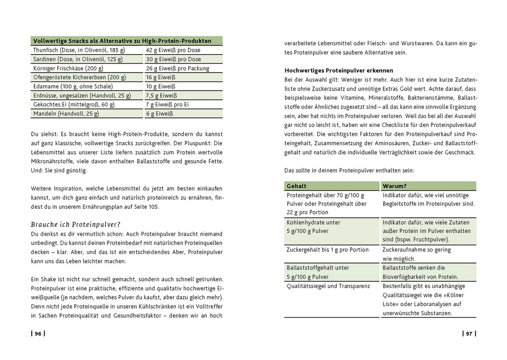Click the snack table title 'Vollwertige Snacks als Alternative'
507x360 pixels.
click(x=122, y=41)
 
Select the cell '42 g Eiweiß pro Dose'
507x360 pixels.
click(x=173, y=50)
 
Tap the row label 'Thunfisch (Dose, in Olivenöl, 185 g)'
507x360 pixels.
click(x=79, y=50)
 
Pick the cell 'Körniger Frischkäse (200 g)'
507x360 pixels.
click(x=68, y=68)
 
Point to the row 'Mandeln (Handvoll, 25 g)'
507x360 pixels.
click(x=66, y=113)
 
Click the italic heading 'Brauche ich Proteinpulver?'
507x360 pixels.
click(x=76, y=224)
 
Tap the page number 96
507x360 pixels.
click(x=38, y=334)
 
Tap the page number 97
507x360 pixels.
click(x=469, y=334)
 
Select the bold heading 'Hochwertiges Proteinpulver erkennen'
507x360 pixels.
click(x=338, y=71)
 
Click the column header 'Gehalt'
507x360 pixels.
click(x=297, y=186)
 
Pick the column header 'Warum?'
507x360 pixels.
click(x=395, y=186)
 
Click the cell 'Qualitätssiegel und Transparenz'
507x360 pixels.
click(x=328, y=286)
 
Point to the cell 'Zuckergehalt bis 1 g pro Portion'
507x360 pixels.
click(x=328, y=250)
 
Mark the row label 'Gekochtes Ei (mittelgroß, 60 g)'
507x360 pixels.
click(x=74, y=104)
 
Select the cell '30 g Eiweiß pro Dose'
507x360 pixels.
click(x=173, y=59)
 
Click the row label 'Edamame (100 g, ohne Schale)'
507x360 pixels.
click(x=72, y=87)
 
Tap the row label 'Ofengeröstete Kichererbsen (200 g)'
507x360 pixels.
click(x=79, y=77)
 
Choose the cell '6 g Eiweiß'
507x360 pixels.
click(x=159, y=113)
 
